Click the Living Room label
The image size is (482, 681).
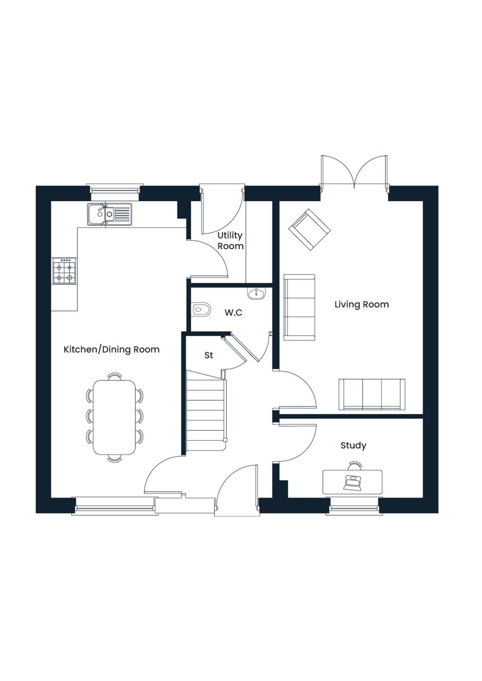pyautogui.click(x=361, y=304)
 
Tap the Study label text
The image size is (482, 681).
pyautogui.click(x=353, y=446)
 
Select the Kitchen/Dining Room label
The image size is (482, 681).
pyautogui.click(x=112, y=350)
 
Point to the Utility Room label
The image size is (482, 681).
pyautogui.click(x=230, y=240)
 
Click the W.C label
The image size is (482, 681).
pyautogui.click(x=233, y=313)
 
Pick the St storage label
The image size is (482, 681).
pyautogui.click(x=209, y=355)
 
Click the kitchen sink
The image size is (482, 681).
pyautogui.click(x=109, y=214)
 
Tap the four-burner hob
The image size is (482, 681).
pyautogui.click(x=65, y=271)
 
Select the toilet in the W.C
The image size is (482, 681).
pyautogui.click(x=201, y=310)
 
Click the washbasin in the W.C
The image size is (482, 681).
pyautogui.click(x=257, y=294)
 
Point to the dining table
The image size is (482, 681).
pyautogui.click(x=114, y=417)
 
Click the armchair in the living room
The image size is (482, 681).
pyautogui.click(x=310, y=230)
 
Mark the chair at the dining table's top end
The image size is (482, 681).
pyautogui.click(x=115, y=377)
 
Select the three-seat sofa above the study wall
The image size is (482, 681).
pyautogui.click(x=372, y=395)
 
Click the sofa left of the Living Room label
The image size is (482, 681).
pyautogui.click(x=299, y=307)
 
